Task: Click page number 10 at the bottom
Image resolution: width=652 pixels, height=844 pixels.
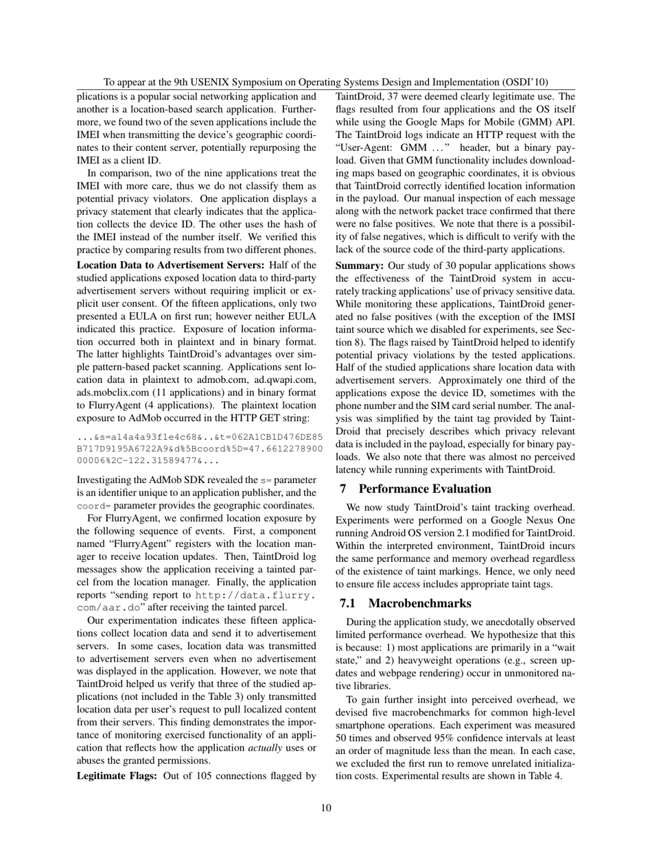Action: click(x=326, y=808)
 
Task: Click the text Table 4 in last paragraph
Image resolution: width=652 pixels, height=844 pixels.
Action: click(x=544, y=776)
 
